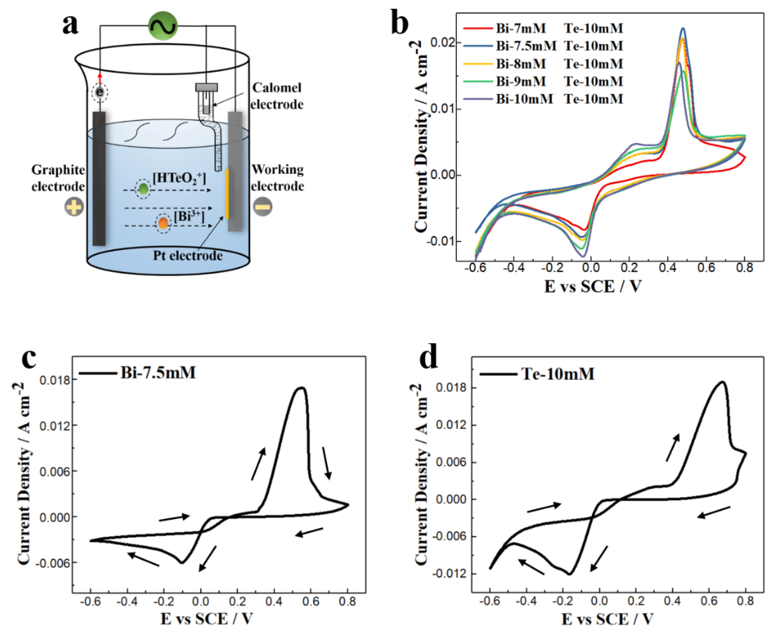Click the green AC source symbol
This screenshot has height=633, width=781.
163,26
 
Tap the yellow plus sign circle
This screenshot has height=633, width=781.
74,207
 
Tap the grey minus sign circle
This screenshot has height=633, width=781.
262,207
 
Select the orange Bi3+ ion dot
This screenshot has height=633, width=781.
163,223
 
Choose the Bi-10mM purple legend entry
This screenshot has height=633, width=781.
524,99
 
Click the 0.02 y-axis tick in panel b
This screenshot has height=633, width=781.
442,43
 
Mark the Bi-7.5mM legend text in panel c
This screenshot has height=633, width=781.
158,373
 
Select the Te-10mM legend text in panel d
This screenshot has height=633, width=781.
558,374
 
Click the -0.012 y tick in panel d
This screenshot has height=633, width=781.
450,574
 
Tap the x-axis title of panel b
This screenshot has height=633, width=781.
592,286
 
